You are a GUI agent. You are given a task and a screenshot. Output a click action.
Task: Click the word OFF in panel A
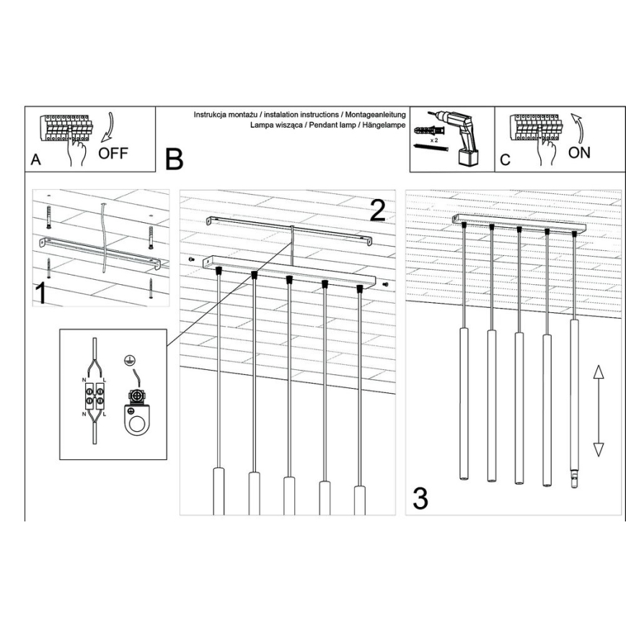[x=113, y=153]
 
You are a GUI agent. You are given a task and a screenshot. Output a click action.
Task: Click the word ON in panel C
[x=578, y=152]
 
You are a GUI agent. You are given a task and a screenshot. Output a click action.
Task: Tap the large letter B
[x=174, y=159]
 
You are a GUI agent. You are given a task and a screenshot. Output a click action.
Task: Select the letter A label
[x=36, y=160]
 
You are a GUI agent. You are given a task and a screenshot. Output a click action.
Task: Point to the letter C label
[x=505, y=160]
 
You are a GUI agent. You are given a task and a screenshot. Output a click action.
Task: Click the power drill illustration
[x=455, y=136]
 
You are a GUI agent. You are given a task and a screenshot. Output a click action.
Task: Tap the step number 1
[x=43, y=294]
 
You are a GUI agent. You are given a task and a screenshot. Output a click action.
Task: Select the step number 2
[x=377, y=209]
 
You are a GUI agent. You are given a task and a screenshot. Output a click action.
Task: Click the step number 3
[x=420, y=498]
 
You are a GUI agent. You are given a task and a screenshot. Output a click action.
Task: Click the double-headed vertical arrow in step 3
[x=598, y=410]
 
